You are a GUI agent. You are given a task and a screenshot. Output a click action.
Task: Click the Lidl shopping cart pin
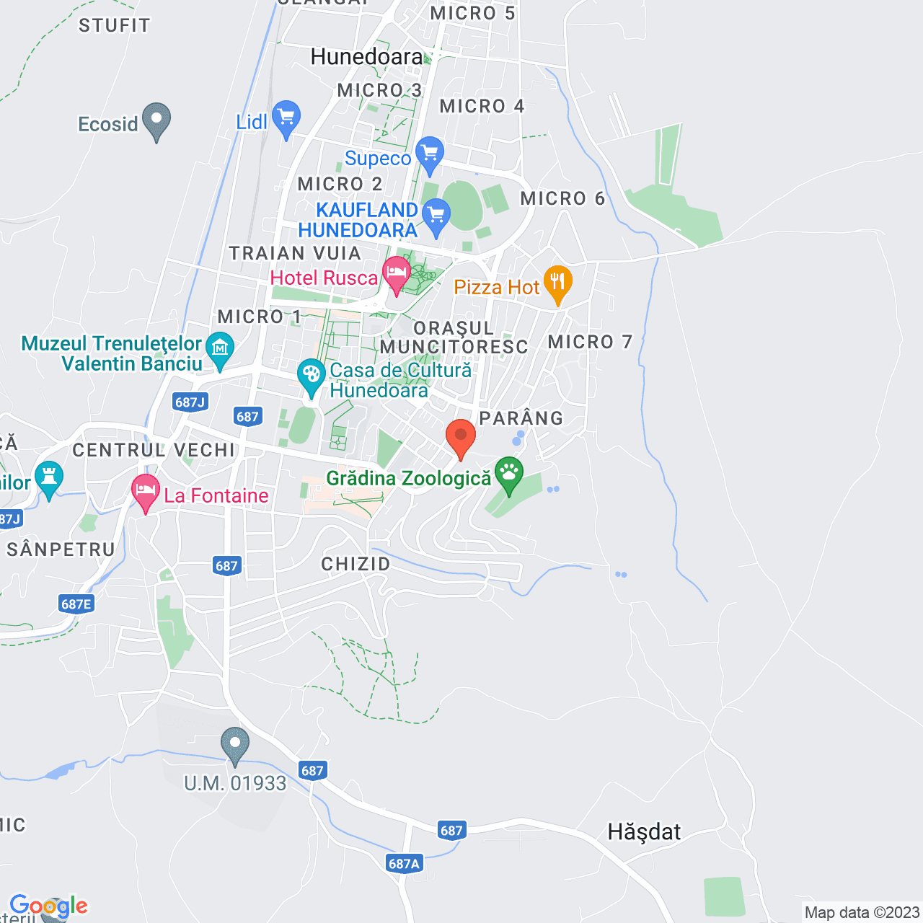(286, 117)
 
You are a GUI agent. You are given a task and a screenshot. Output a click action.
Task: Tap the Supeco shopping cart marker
(430, 153)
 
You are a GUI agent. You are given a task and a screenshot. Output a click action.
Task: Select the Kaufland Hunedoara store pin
(436, 216)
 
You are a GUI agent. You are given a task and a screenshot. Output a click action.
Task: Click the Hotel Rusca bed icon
(396, 274)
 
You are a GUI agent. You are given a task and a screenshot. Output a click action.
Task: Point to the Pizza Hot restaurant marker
(557, 283)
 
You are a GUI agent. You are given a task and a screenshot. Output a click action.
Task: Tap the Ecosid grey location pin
(156, 120)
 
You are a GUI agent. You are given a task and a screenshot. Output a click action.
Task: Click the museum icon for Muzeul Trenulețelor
(220, 349)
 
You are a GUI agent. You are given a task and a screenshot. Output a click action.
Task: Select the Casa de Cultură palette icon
(312, 375)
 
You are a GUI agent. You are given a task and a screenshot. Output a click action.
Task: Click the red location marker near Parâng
(461, 437)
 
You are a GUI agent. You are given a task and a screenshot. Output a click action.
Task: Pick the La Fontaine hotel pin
(146, 491)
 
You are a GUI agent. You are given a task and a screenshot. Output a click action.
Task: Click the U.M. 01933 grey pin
(235, 744)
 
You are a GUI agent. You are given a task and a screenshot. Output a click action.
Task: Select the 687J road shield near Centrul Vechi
(190, 402)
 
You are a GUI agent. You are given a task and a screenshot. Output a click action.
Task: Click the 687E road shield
(76, 604)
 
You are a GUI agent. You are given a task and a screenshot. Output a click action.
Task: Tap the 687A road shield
(404, 863)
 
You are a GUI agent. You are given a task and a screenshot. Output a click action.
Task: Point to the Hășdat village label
(644, 832)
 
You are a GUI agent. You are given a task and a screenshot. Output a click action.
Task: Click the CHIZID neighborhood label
(355, 564)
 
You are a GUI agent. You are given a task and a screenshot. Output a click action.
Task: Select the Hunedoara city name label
(367, 57)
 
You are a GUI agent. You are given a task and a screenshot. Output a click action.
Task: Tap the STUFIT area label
(115, 26)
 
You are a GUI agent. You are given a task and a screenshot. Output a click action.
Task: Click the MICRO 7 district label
(590, 342)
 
